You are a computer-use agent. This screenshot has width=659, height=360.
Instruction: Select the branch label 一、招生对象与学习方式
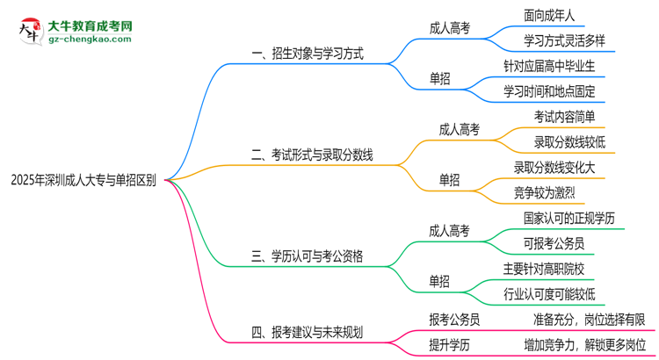(307, 54)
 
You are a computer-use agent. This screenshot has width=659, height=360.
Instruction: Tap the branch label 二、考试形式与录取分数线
(312, 155)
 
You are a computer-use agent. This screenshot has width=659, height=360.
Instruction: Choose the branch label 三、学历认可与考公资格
(307, 256)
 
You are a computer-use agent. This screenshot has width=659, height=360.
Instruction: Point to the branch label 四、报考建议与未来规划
(307, 332)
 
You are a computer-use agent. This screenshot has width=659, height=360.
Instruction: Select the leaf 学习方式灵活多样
(564, 40)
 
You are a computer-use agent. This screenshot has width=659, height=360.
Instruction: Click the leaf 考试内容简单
(564, 116)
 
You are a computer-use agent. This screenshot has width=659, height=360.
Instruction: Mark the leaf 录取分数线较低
(569, 141)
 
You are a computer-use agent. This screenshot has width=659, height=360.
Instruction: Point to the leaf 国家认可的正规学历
(569, 217)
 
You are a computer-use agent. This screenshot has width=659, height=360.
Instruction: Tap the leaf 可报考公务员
(553, 242)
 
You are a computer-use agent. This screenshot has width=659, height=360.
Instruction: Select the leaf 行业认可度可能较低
(549, 292)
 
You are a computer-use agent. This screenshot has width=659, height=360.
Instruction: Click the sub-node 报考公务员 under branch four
(453, 319)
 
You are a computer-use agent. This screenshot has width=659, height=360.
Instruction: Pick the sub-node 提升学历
(447, 343)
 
